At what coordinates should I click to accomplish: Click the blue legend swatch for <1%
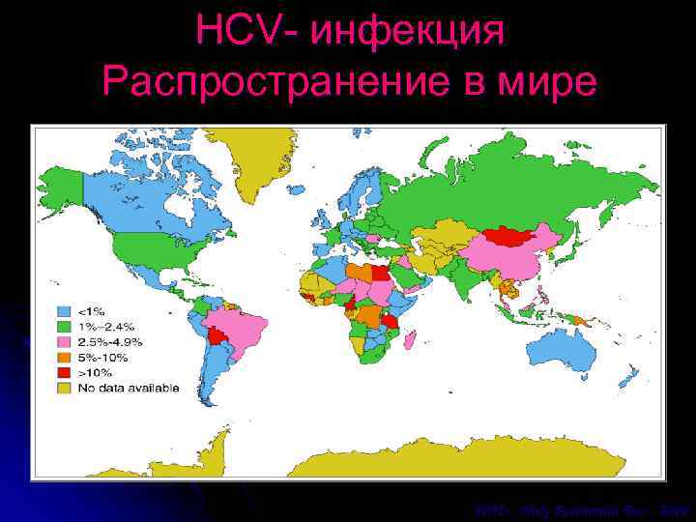[x=65, y=311]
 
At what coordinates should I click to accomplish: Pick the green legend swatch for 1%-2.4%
[x=65, y=327]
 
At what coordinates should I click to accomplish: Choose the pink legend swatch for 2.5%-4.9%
[x=65, y=342]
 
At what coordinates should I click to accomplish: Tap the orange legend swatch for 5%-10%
[x=65, y=358]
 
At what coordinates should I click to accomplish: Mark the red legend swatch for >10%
[x=65, y=373]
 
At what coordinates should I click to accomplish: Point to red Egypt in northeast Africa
[x=384, y=272]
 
